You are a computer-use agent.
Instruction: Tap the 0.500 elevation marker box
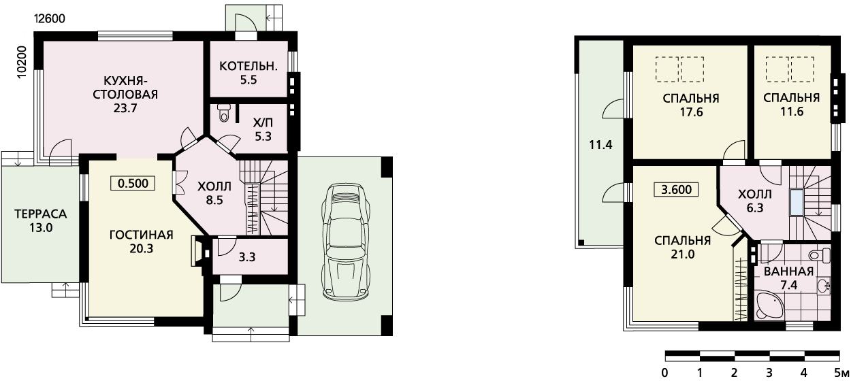coord(133,183)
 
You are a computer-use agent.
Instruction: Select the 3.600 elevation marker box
coord(676,189)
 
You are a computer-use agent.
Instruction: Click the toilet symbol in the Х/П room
coord(224,113)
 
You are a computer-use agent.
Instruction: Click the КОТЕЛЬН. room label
coord(248,66)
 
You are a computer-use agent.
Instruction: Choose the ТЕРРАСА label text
coord(41,214)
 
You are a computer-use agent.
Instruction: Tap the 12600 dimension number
coord(50,18)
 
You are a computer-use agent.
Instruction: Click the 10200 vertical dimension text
coord(22,62)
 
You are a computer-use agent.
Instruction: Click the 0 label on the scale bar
coord(664,373)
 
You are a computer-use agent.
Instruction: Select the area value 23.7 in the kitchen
coord(125,108)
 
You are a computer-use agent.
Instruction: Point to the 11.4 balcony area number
coord(600,145)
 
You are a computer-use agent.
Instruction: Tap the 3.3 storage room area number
coord(247,257)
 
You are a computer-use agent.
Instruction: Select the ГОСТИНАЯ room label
coord(142,235)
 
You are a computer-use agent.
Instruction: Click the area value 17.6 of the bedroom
coord(691,112)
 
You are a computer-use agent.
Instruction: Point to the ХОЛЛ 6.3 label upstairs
coord(755,201)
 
